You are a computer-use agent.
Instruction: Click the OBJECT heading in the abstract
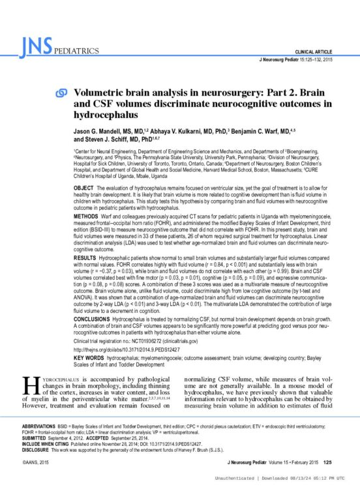click(83, 186)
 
